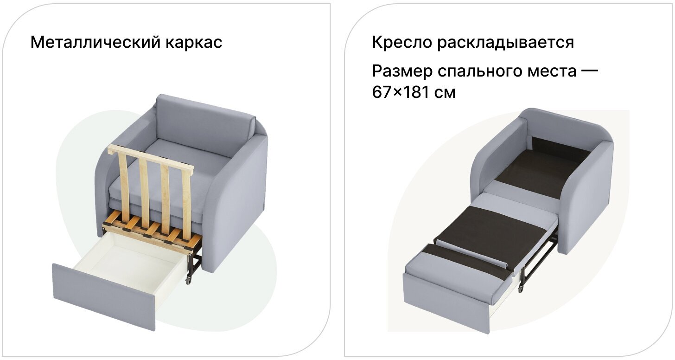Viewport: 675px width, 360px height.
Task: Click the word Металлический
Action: click(x=94, y=42)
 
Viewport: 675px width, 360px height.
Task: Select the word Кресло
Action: click(x=401, y=42)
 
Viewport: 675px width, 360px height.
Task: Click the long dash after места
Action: click(x=589, y=72)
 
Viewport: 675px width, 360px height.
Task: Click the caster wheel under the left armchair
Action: click(x=189, y=280)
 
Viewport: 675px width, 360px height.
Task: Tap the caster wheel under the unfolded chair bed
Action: click(x=521, y=288)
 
